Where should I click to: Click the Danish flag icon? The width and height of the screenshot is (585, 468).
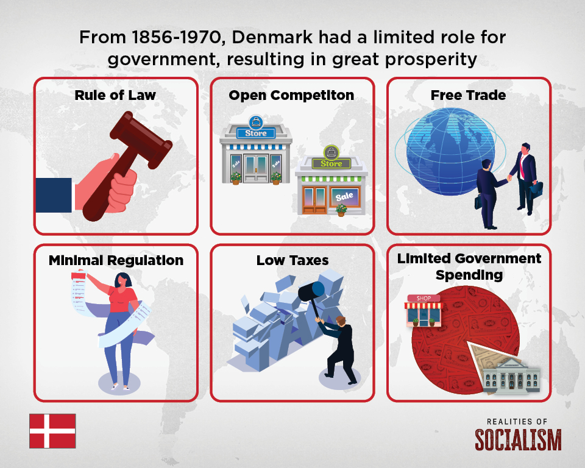pos(52,431)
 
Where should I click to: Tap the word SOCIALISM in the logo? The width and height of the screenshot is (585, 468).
pos(518,439)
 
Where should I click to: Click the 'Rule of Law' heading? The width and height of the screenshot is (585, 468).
pos(115,95)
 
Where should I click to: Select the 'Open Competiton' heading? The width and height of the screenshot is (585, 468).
pos(291,95)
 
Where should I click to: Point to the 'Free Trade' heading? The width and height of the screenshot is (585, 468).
pos(468,95)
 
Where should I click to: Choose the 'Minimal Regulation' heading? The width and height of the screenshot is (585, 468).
pos(116,260)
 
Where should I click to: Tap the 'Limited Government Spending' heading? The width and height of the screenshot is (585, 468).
pos(469,266)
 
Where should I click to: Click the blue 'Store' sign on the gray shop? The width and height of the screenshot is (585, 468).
pos(256,133)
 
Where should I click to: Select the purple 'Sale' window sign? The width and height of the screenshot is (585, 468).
pos(344,196)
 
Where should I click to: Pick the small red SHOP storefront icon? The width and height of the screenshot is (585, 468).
pos(425,311)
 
